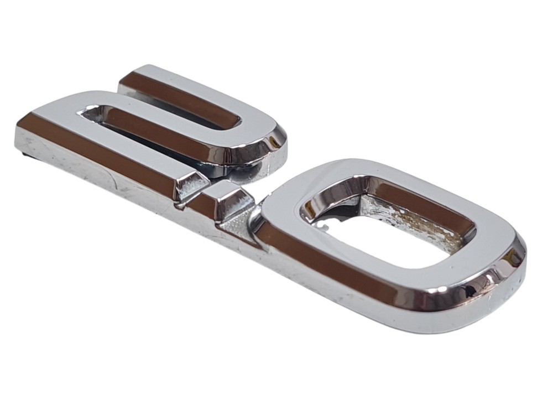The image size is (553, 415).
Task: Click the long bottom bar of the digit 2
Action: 106,152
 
